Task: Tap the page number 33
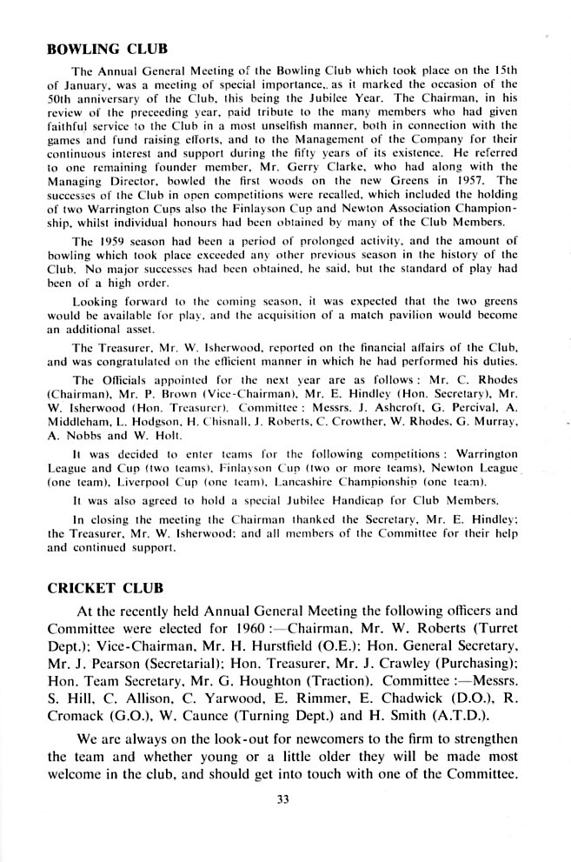(282, 801)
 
